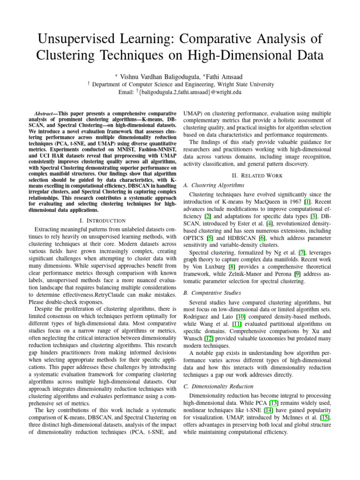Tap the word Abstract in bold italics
pos(46,114)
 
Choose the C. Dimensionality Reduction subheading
pos(219,386)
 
